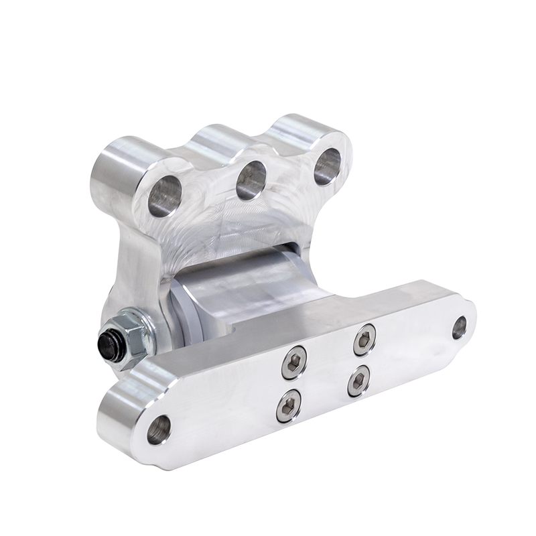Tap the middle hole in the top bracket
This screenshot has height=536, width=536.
251,180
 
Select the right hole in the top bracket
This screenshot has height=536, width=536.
328,165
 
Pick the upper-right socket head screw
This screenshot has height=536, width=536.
364,340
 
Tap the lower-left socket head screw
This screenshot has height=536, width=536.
289,405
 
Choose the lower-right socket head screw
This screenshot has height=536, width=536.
359,381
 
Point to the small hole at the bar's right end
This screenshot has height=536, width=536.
460,327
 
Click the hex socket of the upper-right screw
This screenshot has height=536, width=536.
364,340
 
